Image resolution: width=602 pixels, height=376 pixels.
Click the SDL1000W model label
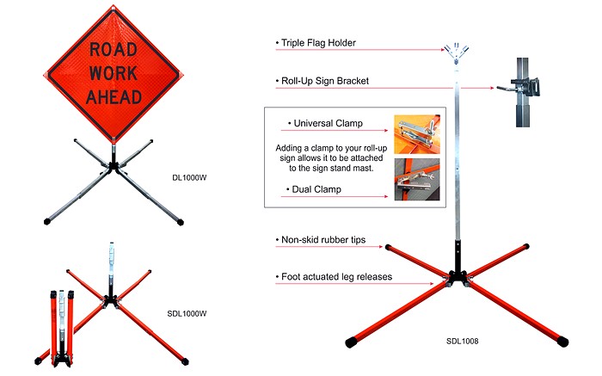[x=187, y=313]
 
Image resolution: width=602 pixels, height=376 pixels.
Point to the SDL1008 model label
[x=462, y=342]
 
